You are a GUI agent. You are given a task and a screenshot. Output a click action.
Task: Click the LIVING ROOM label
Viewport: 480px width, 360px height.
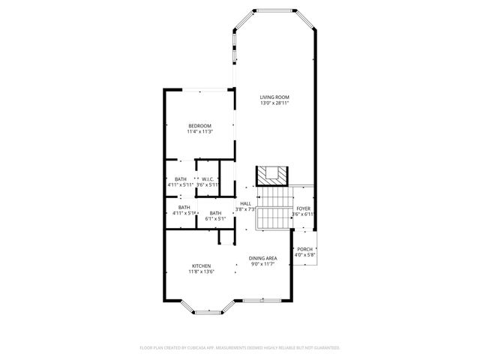click(x=274, y=97)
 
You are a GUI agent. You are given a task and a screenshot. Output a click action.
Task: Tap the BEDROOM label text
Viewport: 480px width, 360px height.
click(x=199, y=125)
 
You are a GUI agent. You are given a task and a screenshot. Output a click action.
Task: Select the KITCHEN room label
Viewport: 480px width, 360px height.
click(x=201, y=266)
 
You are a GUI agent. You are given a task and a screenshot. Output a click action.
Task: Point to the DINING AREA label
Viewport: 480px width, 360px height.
click(x=263, y=259)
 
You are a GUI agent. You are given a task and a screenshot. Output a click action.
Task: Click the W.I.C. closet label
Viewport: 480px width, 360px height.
click(x=208, y=178)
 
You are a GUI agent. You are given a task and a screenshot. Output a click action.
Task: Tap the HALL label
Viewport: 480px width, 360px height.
click(x=245, y=203)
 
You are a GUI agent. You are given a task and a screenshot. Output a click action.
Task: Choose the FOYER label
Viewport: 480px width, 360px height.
click(x=303, y=208)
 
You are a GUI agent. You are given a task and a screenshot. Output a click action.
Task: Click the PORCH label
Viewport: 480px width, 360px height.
click(x=304, y=249)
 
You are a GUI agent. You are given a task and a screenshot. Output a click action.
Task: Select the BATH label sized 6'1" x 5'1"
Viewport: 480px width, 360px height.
click(x=215, y=214)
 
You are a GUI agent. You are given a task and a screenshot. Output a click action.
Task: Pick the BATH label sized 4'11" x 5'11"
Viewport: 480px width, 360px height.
click(x=181, y=178)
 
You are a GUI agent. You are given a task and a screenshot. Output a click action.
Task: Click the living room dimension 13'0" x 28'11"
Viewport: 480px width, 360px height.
click(x=274, y=103)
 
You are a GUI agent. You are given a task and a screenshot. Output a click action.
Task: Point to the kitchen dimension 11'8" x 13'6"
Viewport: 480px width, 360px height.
click(x=201, y=272)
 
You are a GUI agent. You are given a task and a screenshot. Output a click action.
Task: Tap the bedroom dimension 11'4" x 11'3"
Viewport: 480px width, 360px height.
click(x=199, y=131)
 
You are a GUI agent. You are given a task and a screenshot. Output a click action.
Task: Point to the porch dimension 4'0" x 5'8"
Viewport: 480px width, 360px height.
click(x=305, y=255)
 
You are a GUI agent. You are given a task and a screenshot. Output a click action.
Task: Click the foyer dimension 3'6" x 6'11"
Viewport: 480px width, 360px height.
click(x=303, y=214)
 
